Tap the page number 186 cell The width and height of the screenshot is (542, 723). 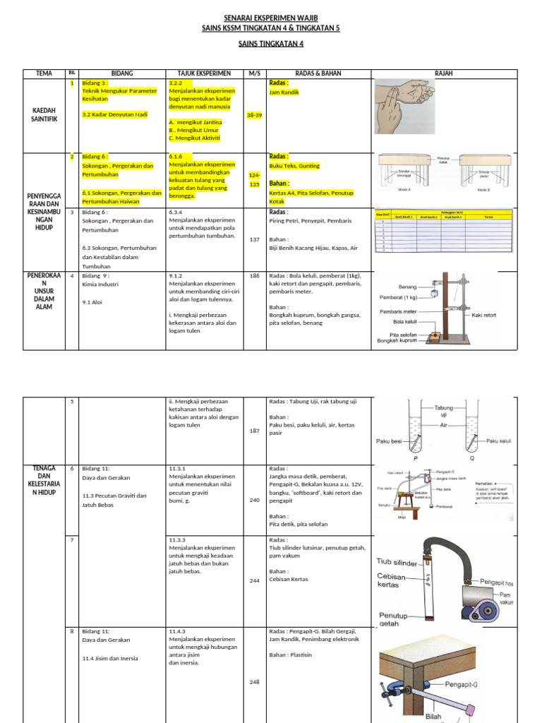click(254, 276)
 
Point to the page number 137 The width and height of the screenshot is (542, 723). click(255, 239)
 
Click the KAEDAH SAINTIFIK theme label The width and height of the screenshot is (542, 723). click(44, 115)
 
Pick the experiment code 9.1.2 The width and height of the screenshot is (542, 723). click(176, 276)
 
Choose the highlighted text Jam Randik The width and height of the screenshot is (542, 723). click(284, 92)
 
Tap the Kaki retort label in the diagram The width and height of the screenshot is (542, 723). click(486, 315)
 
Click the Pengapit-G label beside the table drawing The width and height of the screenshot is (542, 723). click(462, 684)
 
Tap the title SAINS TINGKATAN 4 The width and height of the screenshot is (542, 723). click(271, 43)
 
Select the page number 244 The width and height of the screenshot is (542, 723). click(255, 580)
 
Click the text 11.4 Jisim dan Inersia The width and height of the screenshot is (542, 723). click(110, 658)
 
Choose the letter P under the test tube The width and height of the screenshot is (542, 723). click(416, 458)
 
